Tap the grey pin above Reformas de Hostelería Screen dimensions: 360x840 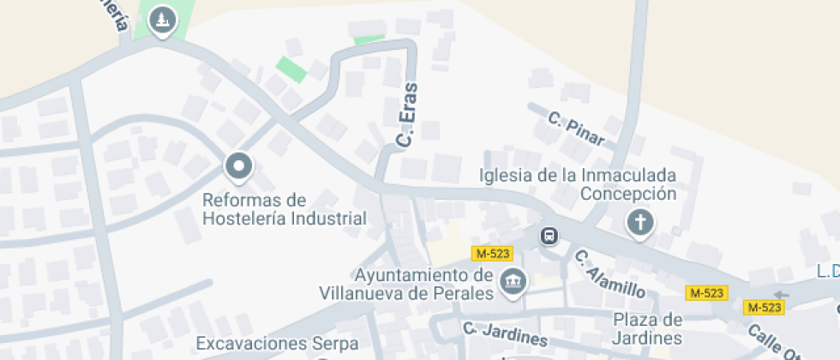coord(238,165)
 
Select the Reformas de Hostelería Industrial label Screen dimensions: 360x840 coord(284,209)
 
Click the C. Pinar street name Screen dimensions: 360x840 coord(577,129)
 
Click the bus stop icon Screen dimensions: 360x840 coord(549,235)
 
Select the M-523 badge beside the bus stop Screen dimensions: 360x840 coord(492,254)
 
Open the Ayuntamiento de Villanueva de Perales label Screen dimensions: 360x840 coord(407,285)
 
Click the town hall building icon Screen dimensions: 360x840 coord(513,280)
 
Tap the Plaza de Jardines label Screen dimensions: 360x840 coord(647,327)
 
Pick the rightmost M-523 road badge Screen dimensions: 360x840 coord(764,307)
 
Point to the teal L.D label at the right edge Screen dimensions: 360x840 coord(827,272)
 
